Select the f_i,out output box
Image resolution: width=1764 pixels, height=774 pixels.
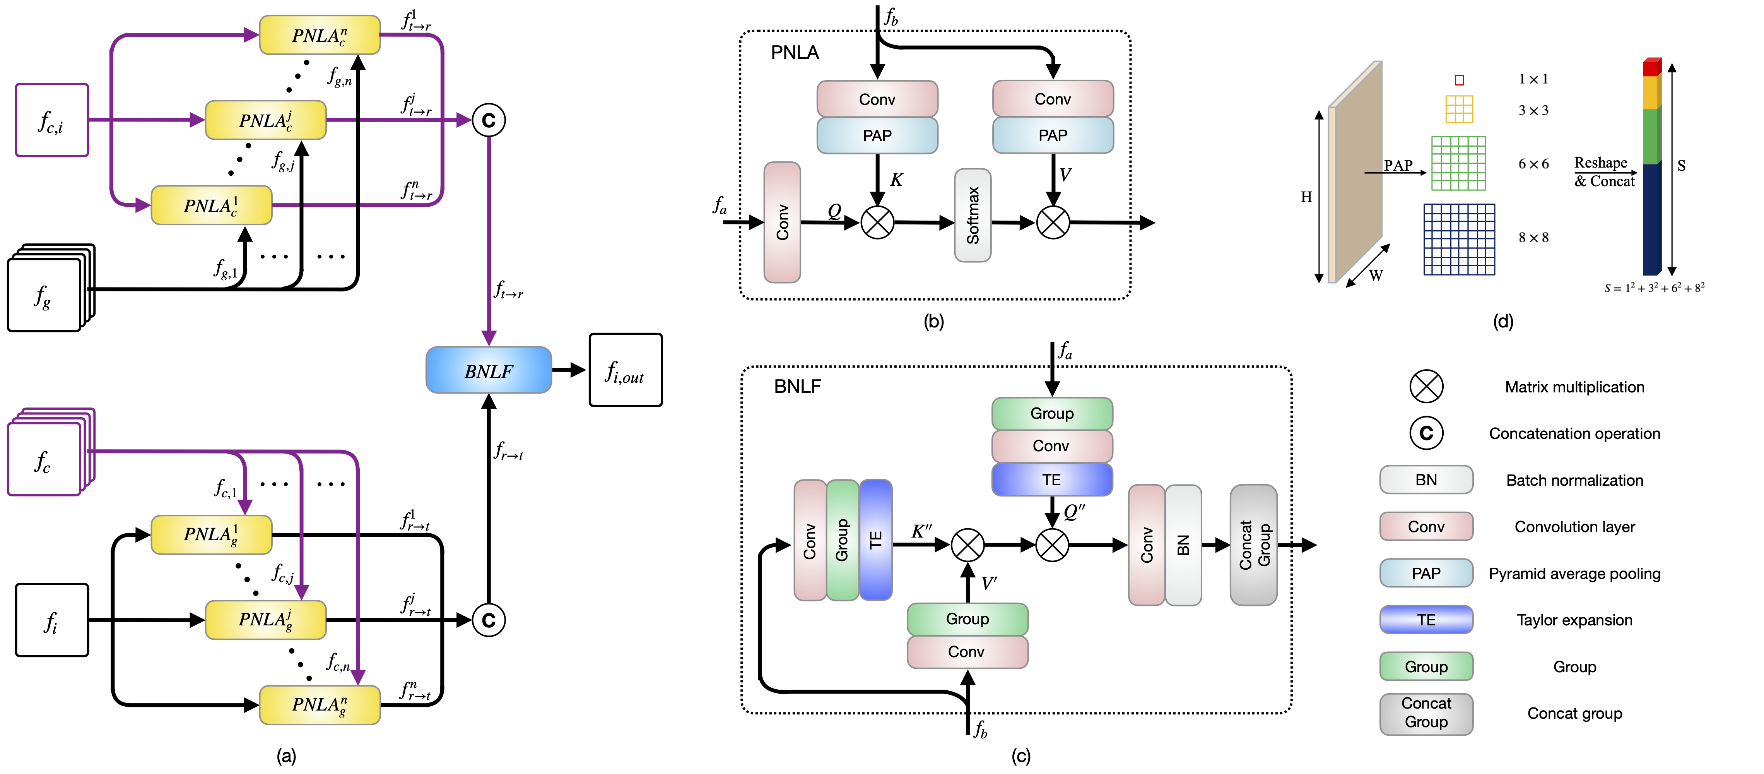pyautogui.click(x=625, y=370)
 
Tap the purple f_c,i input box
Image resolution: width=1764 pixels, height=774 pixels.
pyautogui.click(x=52, y=120)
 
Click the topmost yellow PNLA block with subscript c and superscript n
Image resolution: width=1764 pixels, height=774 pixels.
pyautogui.click(x=320, y=35)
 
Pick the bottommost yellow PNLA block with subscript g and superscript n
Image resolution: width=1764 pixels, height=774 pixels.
pyautogui.click(x=320, y=705)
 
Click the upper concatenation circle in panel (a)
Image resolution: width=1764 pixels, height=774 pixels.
pyautogui.click(x=488, y=120)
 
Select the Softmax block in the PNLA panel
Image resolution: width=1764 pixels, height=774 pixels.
pyautogui.click(x=973, y=215)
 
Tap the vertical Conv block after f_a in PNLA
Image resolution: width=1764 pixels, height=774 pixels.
pyautogui.click(x=782, y=222)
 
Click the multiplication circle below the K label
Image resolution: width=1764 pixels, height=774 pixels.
pyautogui.click(x=877, y=222)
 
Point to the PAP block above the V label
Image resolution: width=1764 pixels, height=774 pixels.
pyautogui.click(x=1053, y=135)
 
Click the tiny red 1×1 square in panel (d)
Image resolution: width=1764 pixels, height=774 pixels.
pyautogui.click(x=1459, y=80)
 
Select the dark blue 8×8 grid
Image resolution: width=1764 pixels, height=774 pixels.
pyautogui.click(x=1459, y=239)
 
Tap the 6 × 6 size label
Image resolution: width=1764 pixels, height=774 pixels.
pyautogui.click(x=1533, y=164)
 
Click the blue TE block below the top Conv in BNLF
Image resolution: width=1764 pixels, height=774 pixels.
pyautogui.click(x=1052, y=479)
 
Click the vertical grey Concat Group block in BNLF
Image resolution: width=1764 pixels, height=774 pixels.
pyautogui.click(x=1254, y=545)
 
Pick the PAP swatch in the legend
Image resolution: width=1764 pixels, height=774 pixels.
pyautogui.click(x=1426, y=573)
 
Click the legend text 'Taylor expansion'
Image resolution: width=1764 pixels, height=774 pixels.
pyautogui.click(x=1574, y=620)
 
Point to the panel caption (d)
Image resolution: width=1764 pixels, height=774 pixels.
pyautogui.click(x=1503, y=321)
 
